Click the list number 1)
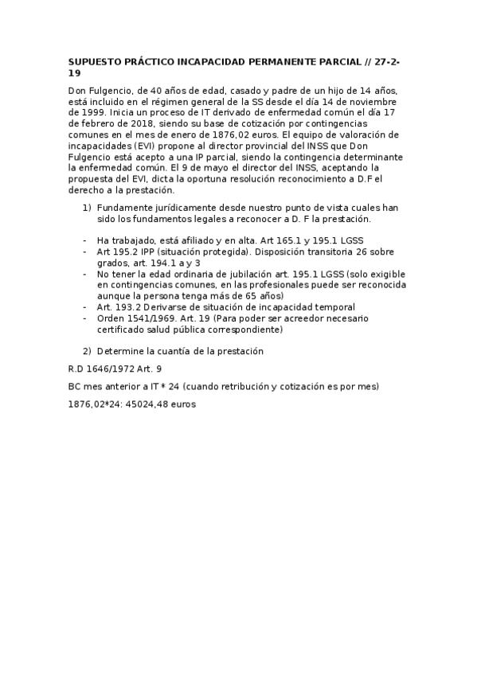(x=88, y=208)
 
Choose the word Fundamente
(x=123, y=208)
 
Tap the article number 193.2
(x=123, y=307)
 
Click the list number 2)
(x=88, y=351)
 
